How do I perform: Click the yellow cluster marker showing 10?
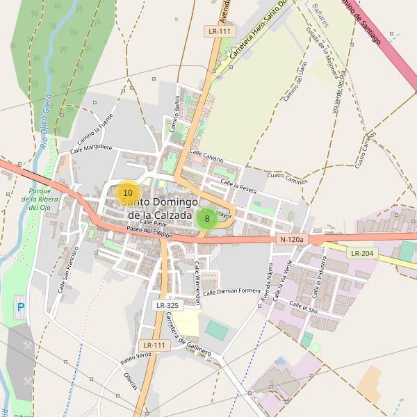(127, 193)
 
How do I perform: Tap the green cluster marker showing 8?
(206, 218)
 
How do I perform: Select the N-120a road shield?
(292, 240)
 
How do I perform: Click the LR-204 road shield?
(363, 253)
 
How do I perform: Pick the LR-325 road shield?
(167, 305)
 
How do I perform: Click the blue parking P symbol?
(20, 306)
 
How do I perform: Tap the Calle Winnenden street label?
(197, 284)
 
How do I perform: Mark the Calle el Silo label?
(303, 305)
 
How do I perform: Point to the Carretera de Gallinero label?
(188, 335)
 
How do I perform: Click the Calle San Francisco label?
(68, 268)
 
